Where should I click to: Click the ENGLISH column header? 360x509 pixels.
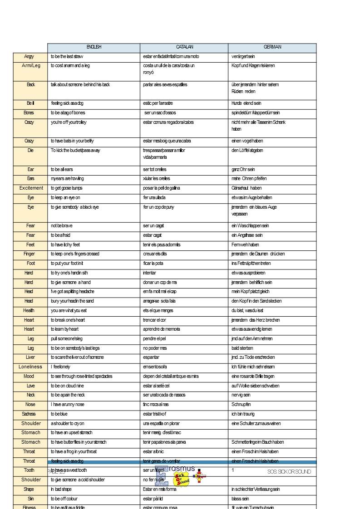point(94,47)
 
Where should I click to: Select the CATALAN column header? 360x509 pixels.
point(185,47)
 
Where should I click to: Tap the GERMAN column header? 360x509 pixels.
point(272,47)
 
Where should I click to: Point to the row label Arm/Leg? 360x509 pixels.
point(31,66)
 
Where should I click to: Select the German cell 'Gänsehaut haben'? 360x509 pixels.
point(247,188)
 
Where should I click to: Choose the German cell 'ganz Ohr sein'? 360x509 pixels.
point(243,169)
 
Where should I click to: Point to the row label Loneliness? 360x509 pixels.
point(30,367)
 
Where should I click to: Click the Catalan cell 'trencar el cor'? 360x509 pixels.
point(154,320)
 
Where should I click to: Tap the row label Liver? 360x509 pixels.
point(30,357)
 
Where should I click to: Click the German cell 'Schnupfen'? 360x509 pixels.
point(241,404)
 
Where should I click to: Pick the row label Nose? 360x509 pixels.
point(30,404)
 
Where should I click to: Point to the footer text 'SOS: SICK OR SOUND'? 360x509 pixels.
point(289,472)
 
